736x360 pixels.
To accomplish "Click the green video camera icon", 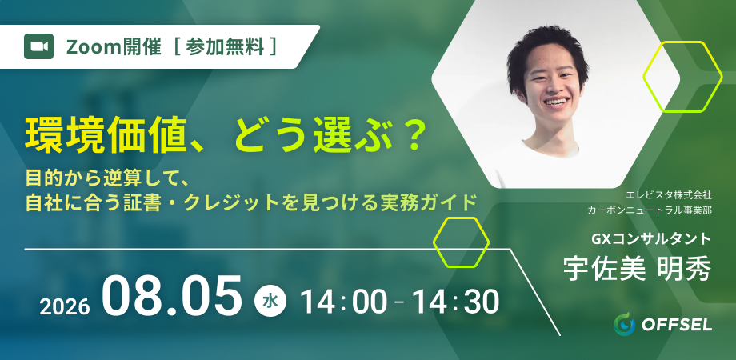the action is point(38,46).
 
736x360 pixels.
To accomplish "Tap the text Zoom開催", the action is point(114,47).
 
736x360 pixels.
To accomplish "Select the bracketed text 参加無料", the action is point(225,47).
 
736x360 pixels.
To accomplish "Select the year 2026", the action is point(64,307).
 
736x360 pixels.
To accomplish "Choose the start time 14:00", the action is point(345,302).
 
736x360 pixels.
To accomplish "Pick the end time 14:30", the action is point(455,302).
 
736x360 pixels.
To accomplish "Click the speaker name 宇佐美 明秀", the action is point(637,268).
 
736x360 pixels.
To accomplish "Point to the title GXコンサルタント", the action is point(651,239).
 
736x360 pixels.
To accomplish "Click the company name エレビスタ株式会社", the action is point(669,194).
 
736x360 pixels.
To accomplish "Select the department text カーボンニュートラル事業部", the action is point(649,210).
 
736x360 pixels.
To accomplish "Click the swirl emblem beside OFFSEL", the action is point(624,324).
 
